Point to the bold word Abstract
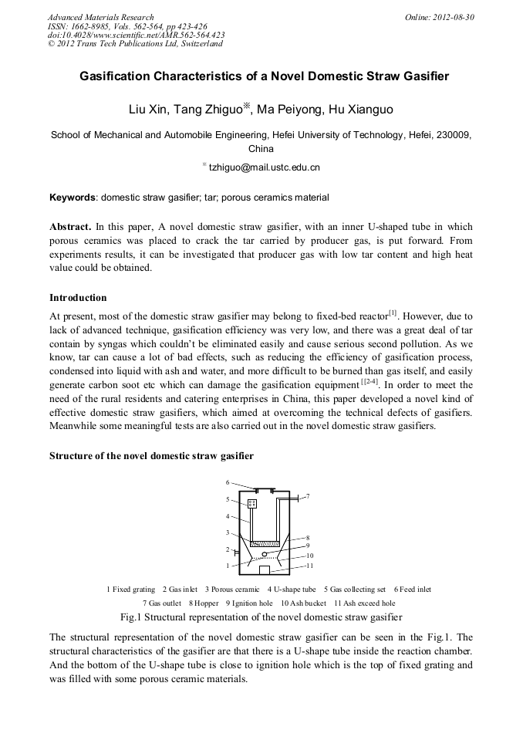tap(70, 227)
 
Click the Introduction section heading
tap(78, 297)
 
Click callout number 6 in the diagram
tap(228, 482)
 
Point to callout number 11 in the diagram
tap(309, 566)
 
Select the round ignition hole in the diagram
tap(265, 553)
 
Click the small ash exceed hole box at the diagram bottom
tap(264, 570)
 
